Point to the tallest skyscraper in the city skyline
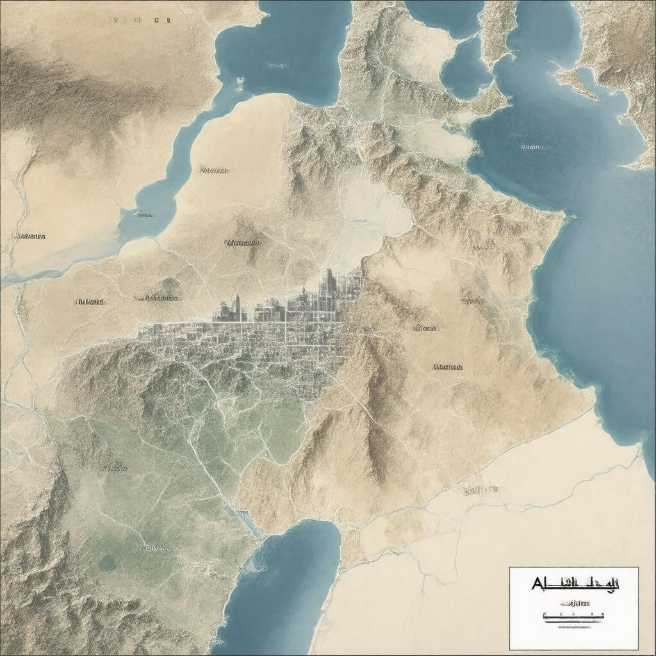tap(329, 282)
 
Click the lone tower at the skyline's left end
tap(236, 306)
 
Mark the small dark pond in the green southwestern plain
tap(107, 562)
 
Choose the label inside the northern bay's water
tap(277, 65)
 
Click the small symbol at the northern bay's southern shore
tap(240, 81)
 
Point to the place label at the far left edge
tap(30, 236)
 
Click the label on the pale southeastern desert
tap(480, 490)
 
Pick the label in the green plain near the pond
tap(154, 548)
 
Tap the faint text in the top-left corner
tap(141, 20)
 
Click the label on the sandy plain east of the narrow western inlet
tap(214, 170)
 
